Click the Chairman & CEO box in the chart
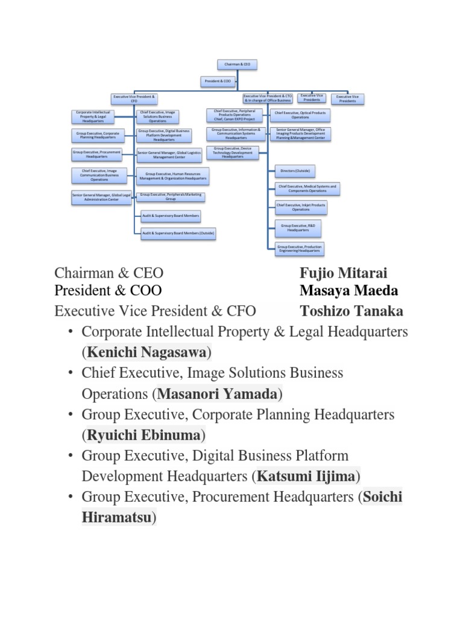pos(238,63)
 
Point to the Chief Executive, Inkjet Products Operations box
pos(301,207)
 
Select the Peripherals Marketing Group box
pos(171,196)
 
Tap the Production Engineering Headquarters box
pos(300,248)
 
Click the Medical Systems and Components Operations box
pos(307,189)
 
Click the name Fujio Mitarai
pos(344,273)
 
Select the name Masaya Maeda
pos(349,290)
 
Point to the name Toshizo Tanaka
pos(351,312)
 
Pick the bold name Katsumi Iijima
pos(306,476)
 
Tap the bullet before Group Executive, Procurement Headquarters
pos(71,497)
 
